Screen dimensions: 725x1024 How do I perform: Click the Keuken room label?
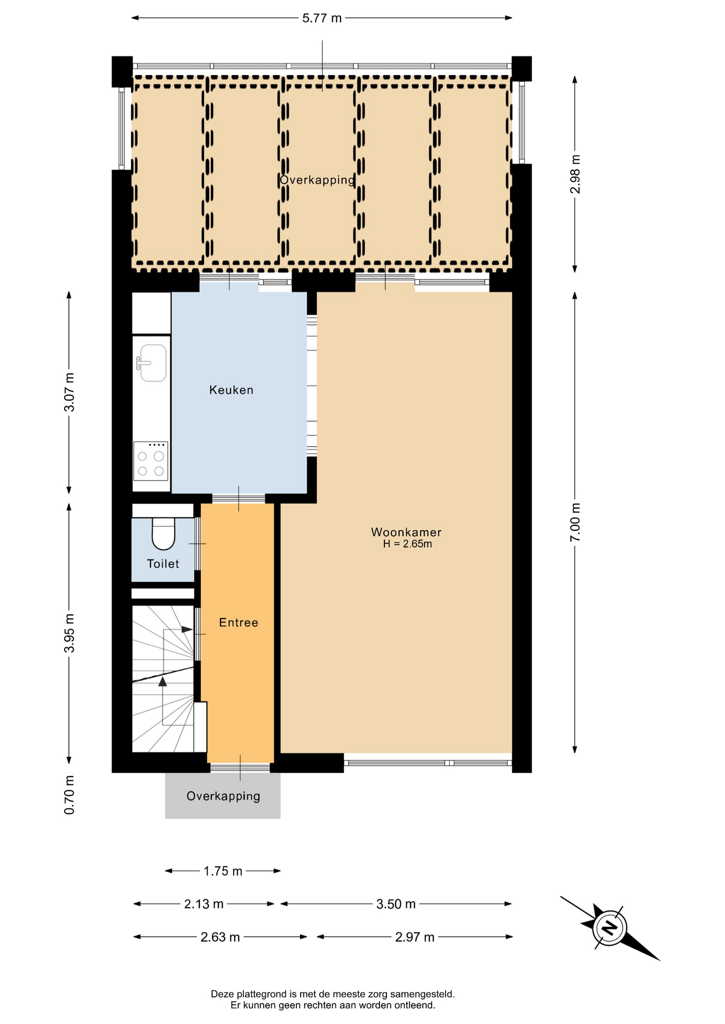[231, 390]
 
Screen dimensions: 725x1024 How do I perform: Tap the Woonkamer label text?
[406, 532]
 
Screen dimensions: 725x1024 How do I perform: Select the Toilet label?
[163, 564]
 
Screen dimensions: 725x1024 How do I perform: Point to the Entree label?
[239, 622]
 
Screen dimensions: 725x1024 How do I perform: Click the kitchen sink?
[152, 363]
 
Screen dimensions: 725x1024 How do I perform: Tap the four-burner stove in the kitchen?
[151, 461]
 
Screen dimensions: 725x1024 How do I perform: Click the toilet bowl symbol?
[163, 533]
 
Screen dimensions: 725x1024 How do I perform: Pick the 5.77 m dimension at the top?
[322, 18]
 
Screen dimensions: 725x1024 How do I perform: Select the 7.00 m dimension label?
[575, 523]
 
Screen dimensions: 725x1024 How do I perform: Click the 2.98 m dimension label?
[575, 174]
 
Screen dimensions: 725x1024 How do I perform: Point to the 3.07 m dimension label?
[69, 393]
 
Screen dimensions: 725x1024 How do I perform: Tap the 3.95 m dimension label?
[69, 633]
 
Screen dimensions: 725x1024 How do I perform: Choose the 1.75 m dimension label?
[223, 871]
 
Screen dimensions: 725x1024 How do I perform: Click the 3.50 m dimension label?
[396, 904]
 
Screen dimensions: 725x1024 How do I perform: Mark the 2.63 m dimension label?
[220, 937]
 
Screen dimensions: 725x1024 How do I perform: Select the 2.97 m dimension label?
[415, 937]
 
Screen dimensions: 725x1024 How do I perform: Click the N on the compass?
[609, 929]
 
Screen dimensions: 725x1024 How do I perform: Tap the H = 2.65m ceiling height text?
[407, 544]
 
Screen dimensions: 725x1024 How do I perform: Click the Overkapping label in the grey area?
[223, 796]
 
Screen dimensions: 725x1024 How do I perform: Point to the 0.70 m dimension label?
[69, 795]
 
